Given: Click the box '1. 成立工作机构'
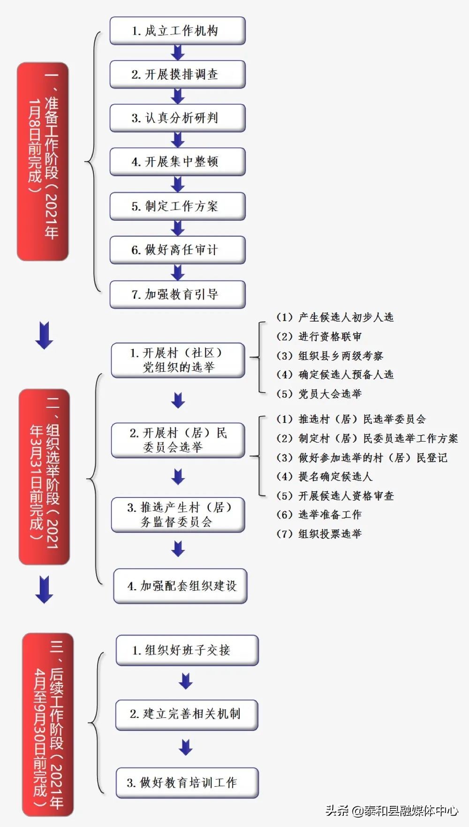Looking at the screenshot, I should [x=177, y=31].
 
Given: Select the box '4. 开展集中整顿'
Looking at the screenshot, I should [x=177, y=162].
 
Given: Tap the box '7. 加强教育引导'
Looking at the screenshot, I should [x=177, y=294].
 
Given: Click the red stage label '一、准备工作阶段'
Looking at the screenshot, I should [x=43, y=162].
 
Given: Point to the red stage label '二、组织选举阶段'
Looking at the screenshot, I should [x=45, y=477].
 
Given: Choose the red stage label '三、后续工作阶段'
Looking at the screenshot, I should [x=48, y=724].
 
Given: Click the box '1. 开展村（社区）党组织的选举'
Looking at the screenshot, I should [x=178, y=360].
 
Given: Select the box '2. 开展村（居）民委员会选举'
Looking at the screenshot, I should [x=178, y=440].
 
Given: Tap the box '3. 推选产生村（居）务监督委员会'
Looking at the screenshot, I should [x=178, y=515].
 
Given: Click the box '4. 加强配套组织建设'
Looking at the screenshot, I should [x=180, y=586].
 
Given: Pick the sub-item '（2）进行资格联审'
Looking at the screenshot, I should [x=319, y=337].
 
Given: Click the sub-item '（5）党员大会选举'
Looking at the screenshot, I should [x=319, y=394].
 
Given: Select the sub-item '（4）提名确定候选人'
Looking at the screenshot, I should [x=325, y=477].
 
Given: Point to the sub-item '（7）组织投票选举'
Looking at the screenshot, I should [x=319, y=534].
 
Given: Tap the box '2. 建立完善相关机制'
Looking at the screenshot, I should [x=187, y=714].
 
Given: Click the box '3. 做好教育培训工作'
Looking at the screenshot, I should [x=187, y=782].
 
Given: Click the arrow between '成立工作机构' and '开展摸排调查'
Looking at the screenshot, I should [x=178, y=53].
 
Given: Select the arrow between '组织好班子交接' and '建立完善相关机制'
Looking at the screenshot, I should [x=186, y=681].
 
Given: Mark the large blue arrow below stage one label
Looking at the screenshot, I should [x=44, y=335].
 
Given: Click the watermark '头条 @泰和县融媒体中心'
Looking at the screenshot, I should [x=392, y=811].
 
